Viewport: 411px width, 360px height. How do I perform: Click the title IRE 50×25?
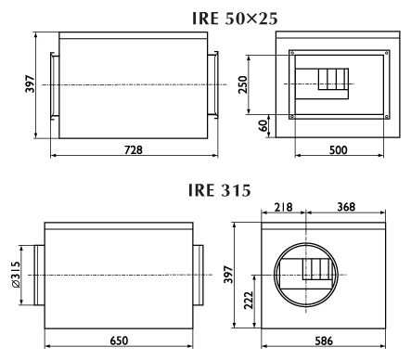coord(235,19)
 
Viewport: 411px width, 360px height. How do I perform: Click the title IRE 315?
coord(220,190)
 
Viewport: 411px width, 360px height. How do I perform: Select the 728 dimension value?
coord(134,149)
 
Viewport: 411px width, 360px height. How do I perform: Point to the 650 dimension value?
coord(119,341)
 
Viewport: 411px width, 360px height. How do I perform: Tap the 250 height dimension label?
coord(243,84)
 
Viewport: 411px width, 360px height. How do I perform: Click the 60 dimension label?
coord(263,125)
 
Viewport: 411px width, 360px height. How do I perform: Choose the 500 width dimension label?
coord(339,150)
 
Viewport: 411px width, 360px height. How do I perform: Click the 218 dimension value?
coord(283,207)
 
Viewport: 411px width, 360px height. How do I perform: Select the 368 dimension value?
coord(346,207)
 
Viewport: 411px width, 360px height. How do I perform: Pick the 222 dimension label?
coord(249,300)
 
